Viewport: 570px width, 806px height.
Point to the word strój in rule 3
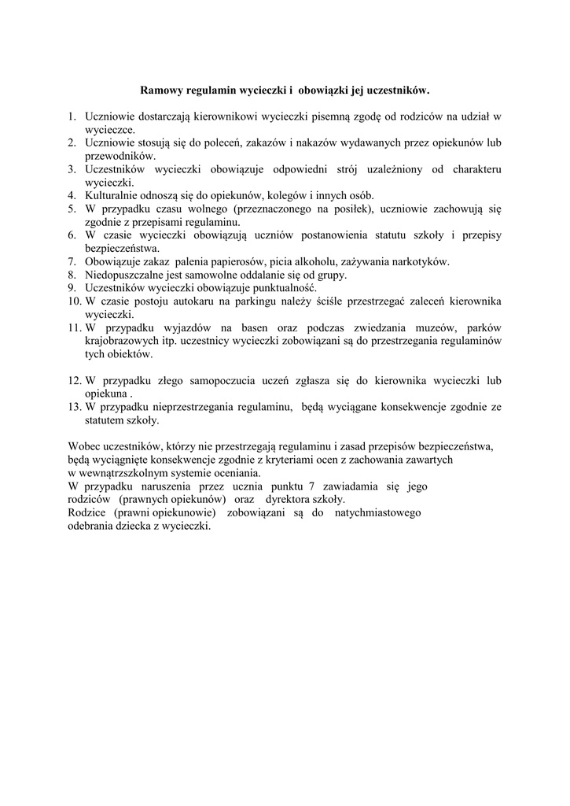[368, 169]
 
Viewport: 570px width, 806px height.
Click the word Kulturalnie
[114, 195]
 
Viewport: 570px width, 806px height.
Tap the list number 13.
[75, 407]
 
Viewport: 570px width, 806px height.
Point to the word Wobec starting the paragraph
[85, 446]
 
